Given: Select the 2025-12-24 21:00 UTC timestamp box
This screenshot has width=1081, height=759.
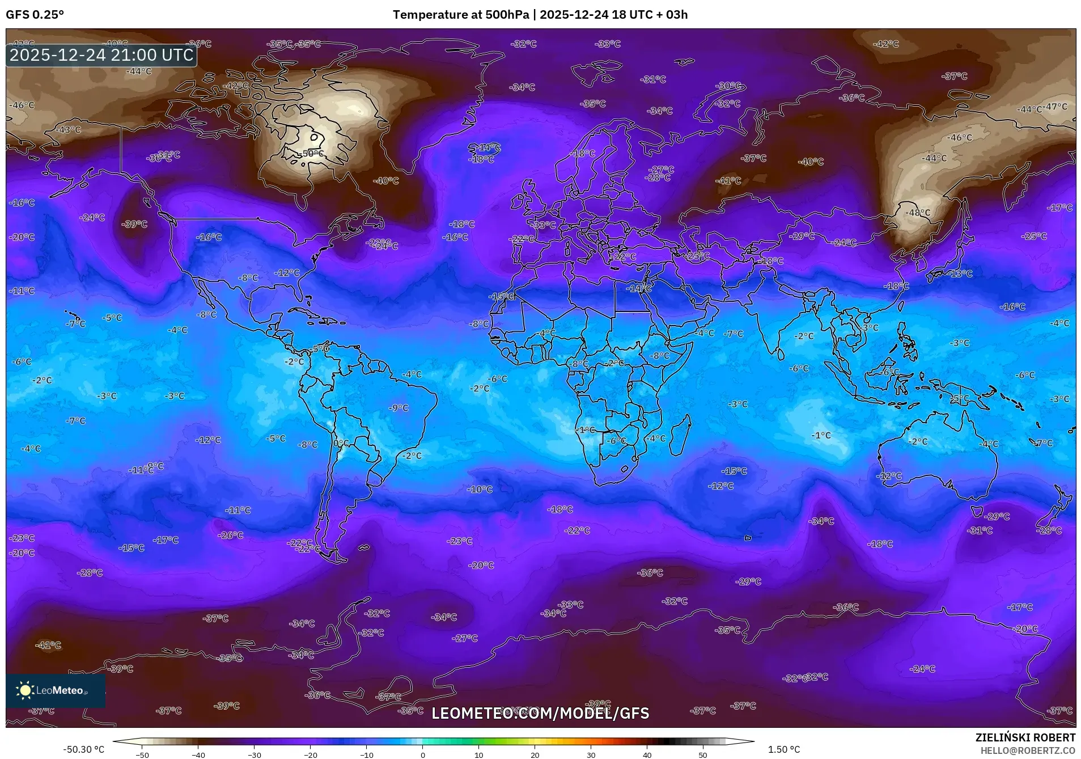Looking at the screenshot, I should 101,55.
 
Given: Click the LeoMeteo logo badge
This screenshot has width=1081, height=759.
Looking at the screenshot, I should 56,690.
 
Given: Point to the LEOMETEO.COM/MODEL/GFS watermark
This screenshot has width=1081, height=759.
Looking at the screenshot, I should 540,713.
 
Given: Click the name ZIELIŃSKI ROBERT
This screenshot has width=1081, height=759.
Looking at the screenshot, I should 1025,737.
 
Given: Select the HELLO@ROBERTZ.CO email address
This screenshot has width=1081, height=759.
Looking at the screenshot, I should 1028,750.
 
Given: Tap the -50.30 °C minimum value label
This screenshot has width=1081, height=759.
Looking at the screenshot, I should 84,749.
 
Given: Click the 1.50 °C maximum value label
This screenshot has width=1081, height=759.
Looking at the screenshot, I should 783,749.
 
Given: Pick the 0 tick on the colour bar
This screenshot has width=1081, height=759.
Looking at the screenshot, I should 422,754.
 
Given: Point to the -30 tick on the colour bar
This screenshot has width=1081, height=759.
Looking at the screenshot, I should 254,754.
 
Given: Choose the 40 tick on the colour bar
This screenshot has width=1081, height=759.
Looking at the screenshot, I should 647,754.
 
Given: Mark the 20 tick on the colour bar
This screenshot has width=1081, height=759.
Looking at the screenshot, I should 535,754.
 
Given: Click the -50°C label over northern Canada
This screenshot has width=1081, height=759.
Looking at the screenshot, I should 312,154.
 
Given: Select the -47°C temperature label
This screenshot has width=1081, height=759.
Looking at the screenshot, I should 1056,107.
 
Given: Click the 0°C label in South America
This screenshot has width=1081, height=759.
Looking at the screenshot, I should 341,443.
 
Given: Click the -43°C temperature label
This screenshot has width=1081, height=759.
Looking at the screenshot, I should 70,129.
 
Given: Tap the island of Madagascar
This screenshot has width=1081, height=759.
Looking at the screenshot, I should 680,436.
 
